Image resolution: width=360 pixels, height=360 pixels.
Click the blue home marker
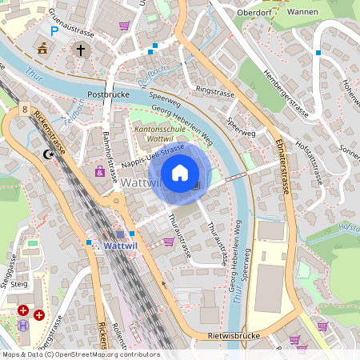[180, 172]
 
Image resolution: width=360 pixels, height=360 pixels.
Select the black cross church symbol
[80, 50]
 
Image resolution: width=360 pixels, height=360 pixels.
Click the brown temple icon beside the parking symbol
[42, 50]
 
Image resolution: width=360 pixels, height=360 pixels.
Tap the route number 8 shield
[26, 108]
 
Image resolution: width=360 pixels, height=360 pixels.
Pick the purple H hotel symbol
[23, 326]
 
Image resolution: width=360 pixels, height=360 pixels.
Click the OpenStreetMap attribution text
[80, 354]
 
